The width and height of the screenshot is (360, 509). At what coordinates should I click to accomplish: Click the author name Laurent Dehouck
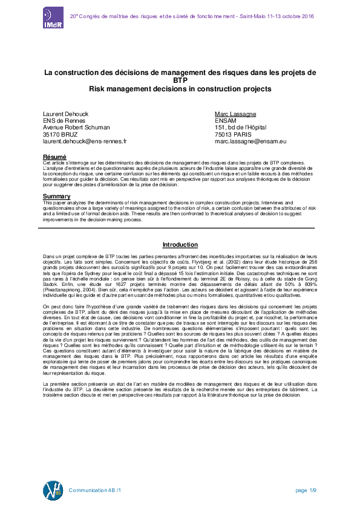click(x=67, y=114)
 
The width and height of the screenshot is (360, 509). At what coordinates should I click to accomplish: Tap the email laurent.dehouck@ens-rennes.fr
click(x=85, y=141)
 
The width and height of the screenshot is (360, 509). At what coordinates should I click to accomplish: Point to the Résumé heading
click(x=54, y=157)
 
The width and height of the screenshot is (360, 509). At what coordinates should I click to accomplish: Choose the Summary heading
click(x=56, y=196)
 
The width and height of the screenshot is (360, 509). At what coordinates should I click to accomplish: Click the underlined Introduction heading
click(x=180, y=245)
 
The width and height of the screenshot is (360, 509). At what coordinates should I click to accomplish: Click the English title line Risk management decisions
click(x=180, y=89)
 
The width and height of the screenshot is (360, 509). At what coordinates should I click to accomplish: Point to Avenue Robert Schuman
click(x=76, y=128)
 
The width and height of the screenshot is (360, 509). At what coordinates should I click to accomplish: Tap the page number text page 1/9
click(x=306, y=490)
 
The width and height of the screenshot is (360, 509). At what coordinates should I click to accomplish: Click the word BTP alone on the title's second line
click(x=180, y=80)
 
